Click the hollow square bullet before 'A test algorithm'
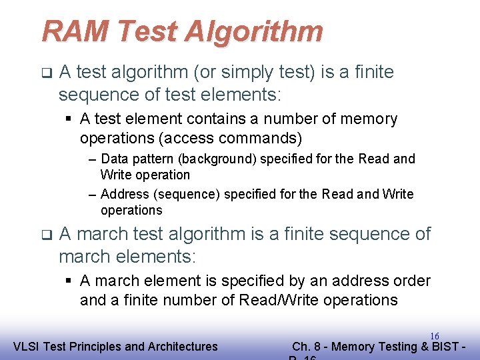click(46, 72)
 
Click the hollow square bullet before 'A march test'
click(46, 235)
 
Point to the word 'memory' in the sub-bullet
click(369, 119)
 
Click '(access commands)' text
click(246, 139)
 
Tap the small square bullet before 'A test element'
click(69, 119)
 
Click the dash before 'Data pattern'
click(93, 159)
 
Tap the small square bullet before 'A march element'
click(69, 281)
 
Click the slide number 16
click(434, 337)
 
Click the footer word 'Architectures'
click(181, 347)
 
